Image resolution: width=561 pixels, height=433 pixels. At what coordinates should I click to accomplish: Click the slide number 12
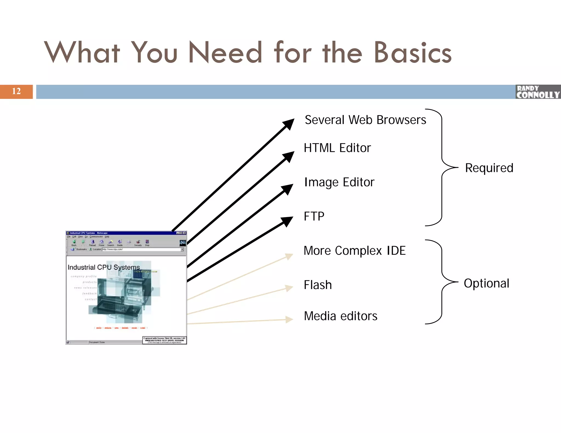pyautogui.click(x=16, y=91)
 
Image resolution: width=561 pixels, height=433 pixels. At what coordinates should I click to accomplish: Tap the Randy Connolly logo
pyautogui.click(x=538, y=92)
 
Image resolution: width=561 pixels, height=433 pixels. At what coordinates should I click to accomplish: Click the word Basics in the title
pyautogui.click(x=413, y=53)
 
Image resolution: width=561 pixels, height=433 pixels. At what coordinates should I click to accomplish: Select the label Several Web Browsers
pyautogui.click(x=365, y=120)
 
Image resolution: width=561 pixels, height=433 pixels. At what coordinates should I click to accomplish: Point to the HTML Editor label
pyautogui.click(x=337, y=148)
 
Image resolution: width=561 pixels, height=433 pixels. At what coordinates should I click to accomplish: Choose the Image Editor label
pyautogui.click(x=339, y=182)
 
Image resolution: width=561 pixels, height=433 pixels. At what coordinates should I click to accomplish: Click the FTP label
pyautogui.click(x=314, y=216)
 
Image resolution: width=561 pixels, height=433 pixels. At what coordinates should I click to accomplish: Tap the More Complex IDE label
pyautogui.click(x=354, y=251)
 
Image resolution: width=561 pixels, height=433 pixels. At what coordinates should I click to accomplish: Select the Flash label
pyautogui.click(x=318, y=285)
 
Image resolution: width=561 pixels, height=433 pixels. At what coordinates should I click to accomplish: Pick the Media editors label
pyautogui.click(x=340, y=316)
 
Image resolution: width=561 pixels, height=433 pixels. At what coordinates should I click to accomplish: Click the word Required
pyautogui.click(x=489, y=168)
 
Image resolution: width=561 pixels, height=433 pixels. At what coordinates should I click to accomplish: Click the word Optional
pyautogui.click(x=486, y=283)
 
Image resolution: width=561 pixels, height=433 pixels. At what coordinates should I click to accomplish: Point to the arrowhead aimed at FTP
pyautogui.click(x=287, y=221)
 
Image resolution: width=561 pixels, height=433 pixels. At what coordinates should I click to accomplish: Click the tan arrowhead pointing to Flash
pyautogui.click(x=289, y=288)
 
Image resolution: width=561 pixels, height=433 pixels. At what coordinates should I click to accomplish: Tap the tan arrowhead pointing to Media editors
pyautogui.click(x=289, y=319)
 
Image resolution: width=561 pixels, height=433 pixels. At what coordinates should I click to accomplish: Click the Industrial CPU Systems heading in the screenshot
pyautogui.click(x=104, y=267)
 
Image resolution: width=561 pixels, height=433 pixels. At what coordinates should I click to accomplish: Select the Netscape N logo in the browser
pyautogui.click(x=182, y=243)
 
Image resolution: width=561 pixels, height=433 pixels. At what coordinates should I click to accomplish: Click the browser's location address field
pyautogui.click(x=141, y=249)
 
